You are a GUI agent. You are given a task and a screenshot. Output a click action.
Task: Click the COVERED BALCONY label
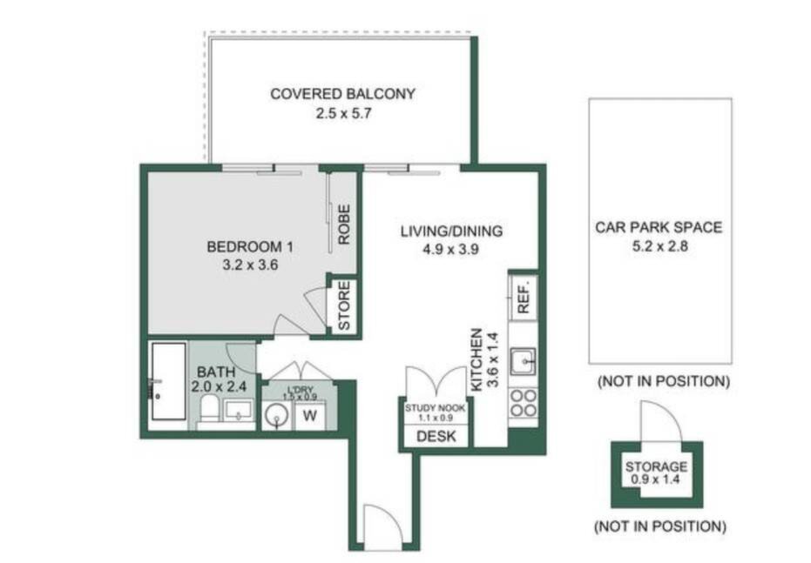342,94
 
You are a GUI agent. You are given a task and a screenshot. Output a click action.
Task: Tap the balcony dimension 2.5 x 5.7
343,113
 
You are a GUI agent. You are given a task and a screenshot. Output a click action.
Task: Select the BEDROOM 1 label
250,247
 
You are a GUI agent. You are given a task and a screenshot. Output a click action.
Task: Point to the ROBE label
344,225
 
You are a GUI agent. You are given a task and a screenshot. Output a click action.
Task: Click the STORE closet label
344,305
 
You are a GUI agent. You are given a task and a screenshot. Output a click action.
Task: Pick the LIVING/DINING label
451,231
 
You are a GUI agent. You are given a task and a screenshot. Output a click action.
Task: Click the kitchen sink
523,360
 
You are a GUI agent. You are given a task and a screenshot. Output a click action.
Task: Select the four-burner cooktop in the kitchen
524,404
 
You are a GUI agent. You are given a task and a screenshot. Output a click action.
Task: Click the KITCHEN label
476,359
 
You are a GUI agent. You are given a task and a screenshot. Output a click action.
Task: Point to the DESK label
436,437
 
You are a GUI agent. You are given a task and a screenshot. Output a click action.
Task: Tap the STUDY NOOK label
435,408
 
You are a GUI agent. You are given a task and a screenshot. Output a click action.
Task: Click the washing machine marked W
310,416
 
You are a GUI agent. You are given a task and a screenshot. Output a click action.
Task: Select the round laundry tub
277,416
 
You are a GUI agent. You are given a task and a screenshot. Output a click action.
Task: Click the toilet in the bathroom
210,409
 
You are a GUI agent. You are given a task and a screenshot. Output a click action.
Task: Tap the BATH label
216,372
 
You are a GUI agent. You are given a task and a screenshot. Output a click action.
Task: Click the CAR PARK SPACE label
659,227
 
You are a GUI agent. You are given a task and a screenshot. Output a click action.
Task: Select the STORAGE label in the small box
656,467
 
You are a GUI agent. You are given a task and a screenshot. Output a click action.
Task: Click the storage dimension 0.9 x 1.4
655,479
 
